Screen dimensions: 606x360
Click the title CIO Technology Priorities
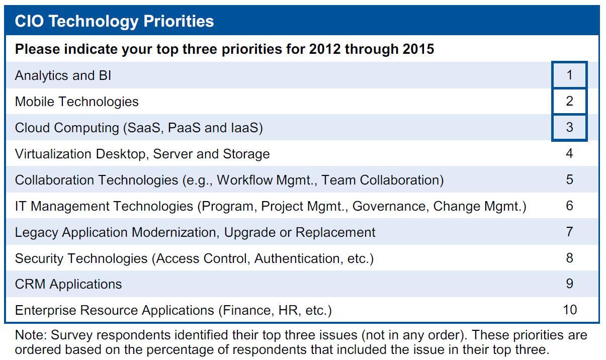tap(114, 21)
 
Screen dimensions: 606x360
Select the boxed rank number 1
tap(569, 75)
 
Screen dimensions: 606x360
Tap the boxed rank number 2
tap(569, 101)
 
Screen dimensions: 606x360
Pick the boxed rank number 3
tap(569, 127)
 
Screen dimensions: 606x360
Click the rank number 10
tap(570, 310)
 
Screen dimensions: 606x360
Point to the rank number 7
tap(569, 232)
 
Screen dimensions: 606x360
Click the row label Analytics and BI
tap(63, 75)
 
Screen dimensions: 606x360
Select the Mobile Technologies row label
tap(76, 102)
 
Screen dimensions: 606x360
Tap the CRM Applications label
tap(68, 284)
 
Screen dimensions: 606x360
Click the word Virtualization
tap(53, 154)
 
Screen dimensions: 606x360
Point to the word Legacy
tap(37, 232)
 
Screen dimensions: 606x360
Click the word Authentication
tap(297, 258)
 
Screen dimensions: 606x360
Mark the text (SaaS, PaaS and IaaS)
tap(193, 128)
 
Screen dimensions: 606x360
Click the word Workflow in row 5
tap(244, 180)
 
